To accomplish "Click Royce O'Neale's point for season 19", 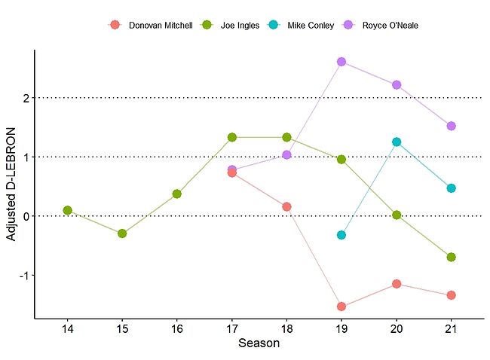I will click(341, 62).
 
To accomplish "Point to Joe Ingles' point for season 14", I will click(67, 210).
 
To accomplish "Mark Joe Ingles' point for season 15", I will click(122, 233).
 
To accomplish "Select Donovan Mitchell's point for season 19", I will click(341, 307).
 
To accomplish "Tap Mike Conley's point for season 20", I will click(397, 142).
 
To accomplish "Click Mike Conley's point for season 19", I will click(341, 235).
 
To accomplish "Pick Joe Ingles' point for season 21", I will click(452, 257).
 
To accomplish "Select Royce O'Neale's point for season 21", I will click(452, 126).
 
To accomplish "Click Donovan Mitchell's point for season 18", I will click(286, 206).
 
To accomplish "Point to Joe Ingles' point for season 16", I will click(176, 194).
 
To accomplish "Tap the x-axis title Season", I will click(259, 344).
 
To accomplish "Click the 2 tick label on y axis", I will click(26, 98).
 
